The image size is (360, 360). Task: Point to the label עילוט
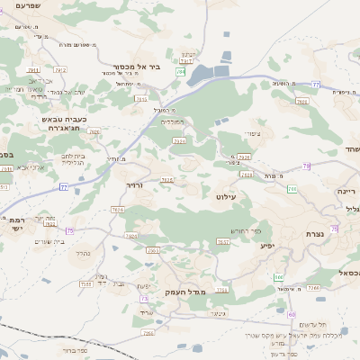(x=226, y=195)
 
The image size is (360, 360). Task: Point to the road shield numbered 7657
(x=222, y=242)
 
